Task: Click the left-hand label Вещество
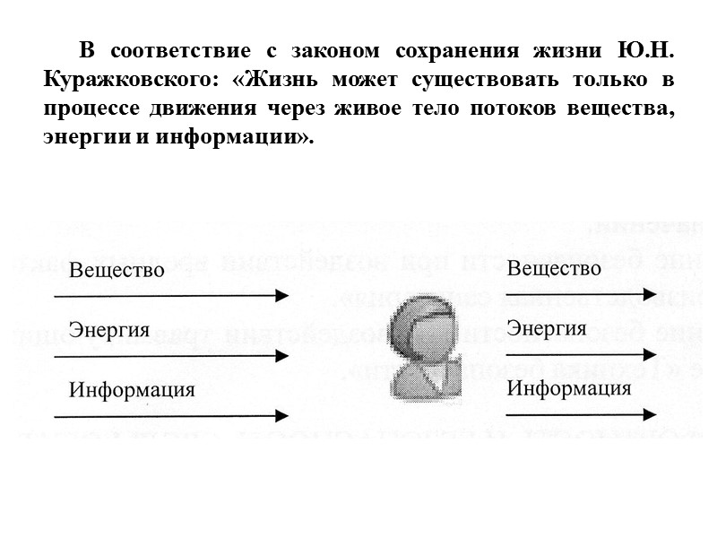coord(117,270)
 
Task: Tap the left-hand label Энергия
coord(109,329)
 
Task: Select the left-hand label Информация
coord(132,390)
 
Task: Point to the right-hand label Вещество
coord(554,268)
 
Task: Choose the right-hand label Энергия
coord(547,328)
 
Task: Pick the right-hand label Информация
coord(569,388)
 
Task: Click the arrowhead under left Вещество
coord(281,295)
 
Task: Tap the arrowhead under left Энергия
coord(281,355)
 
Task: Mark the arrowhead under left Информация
coord(281,415)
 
